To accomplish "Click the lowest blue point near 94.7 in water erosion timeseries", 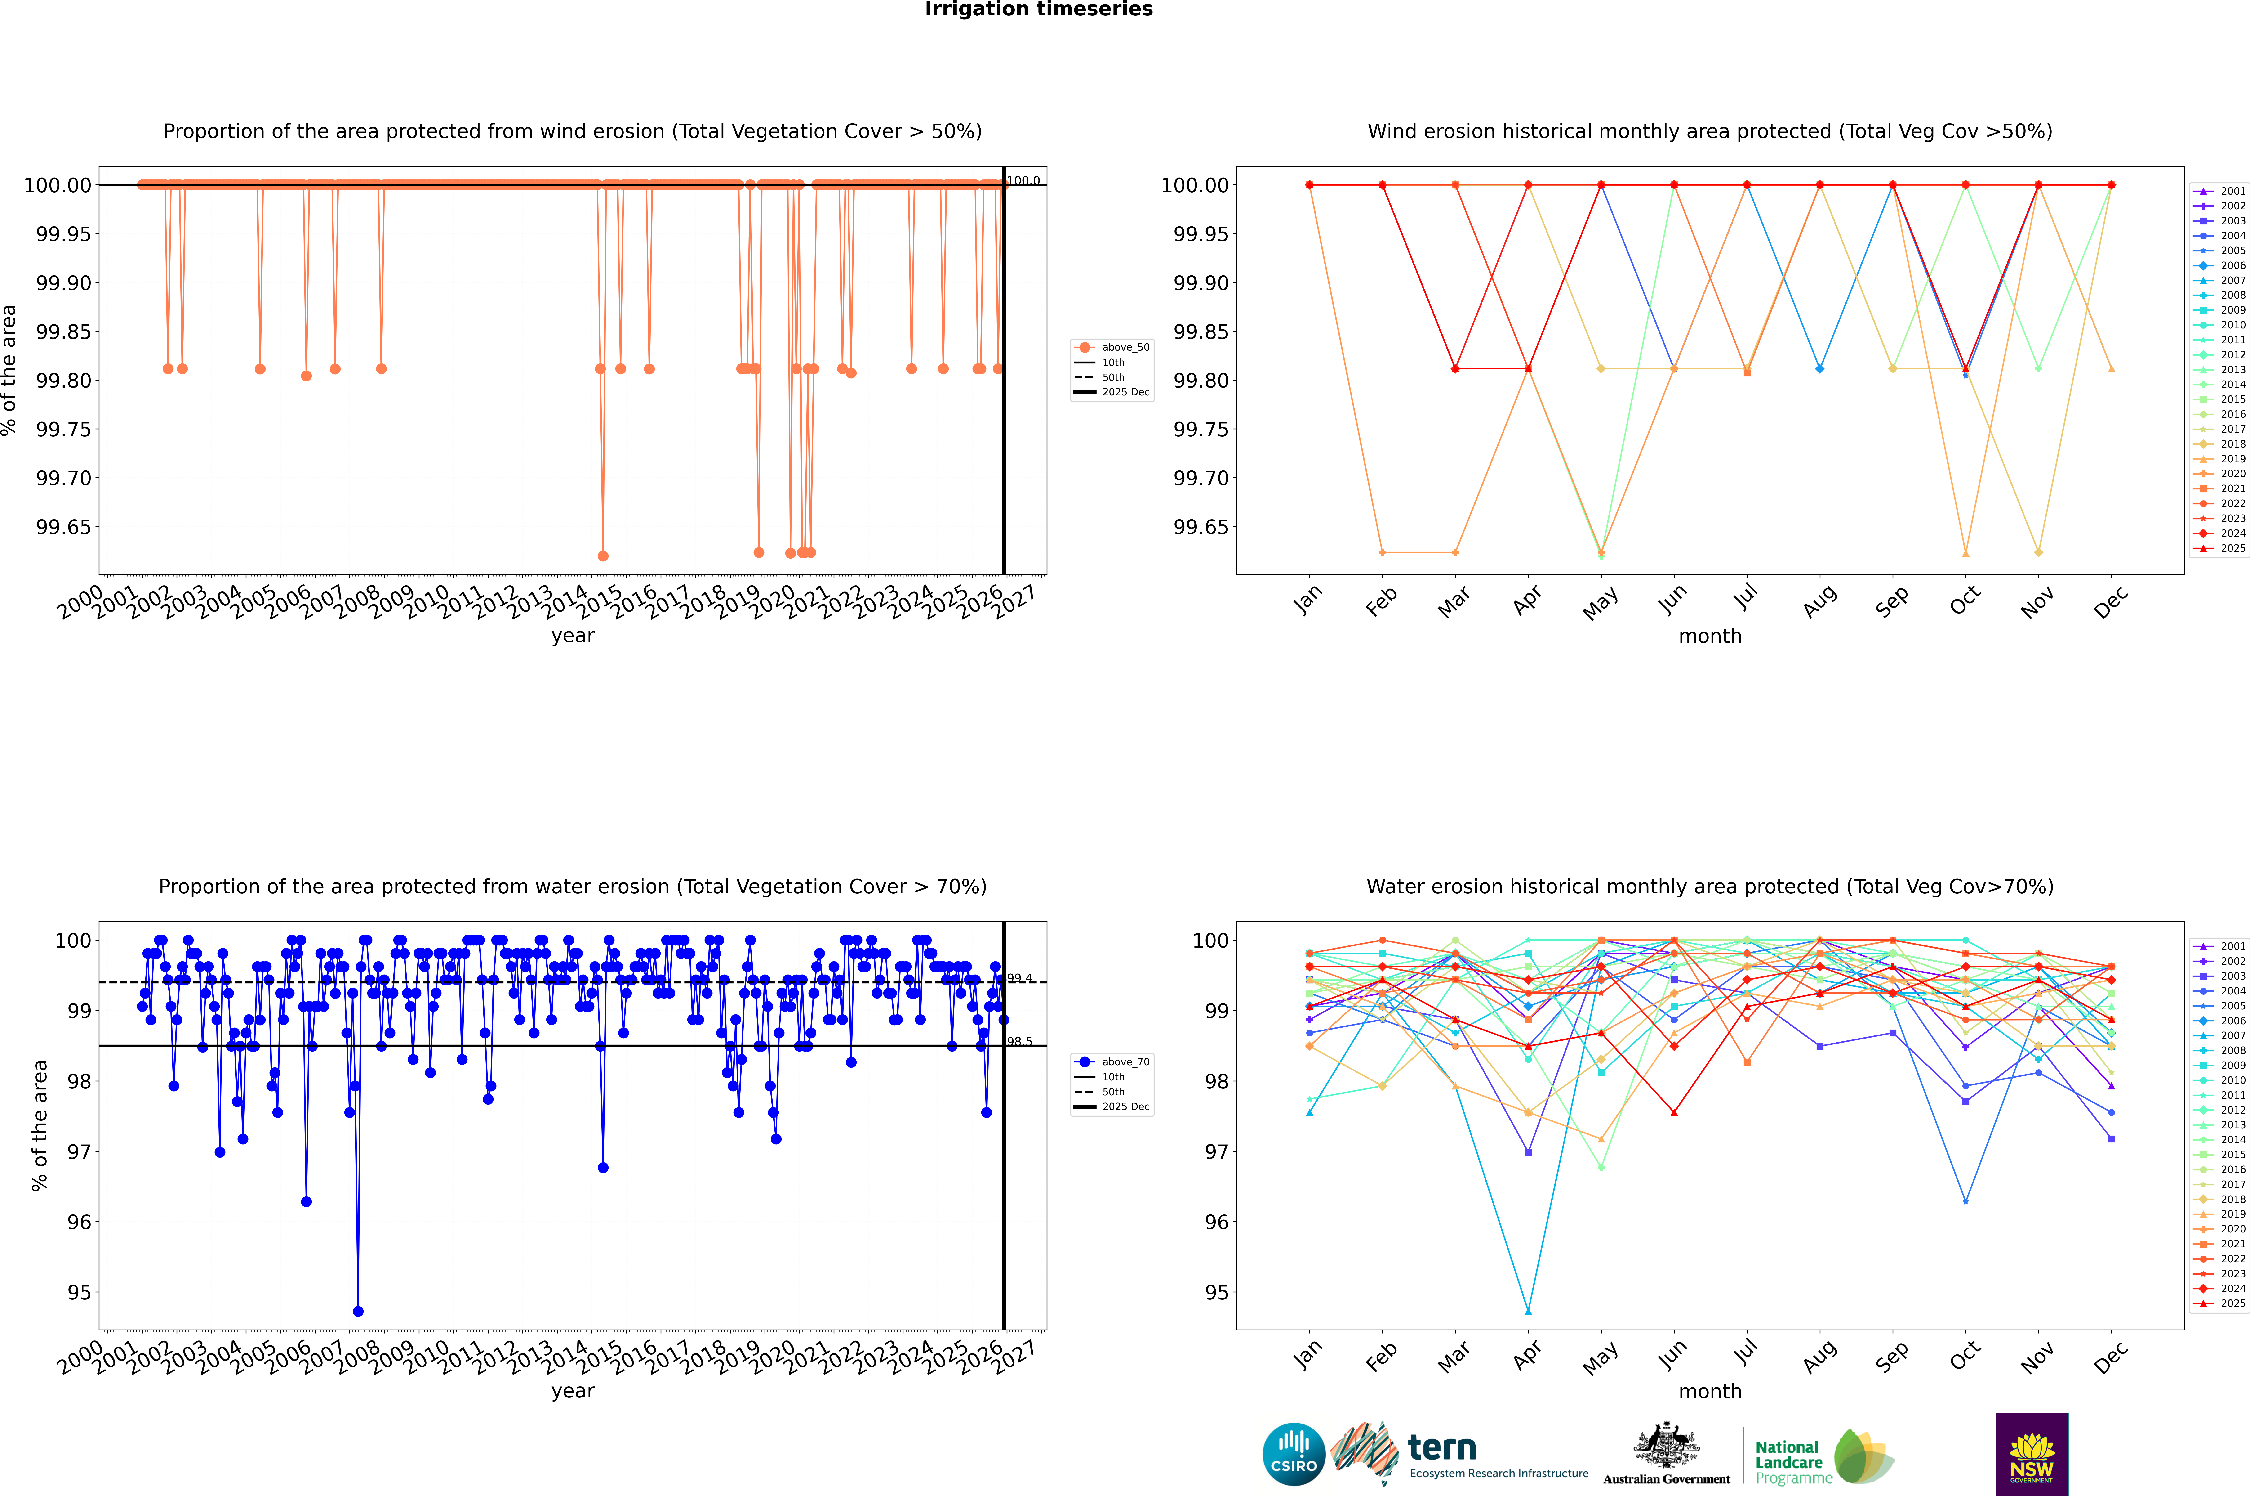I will coord(358,1311).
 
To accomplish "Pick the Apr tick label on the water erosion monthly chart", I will coord(1526,1357).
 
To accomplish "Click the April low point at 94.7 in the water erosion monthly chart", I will coord(1528,1311).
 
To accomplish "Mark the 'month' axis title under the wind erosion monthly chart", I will coord(1709,636).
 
